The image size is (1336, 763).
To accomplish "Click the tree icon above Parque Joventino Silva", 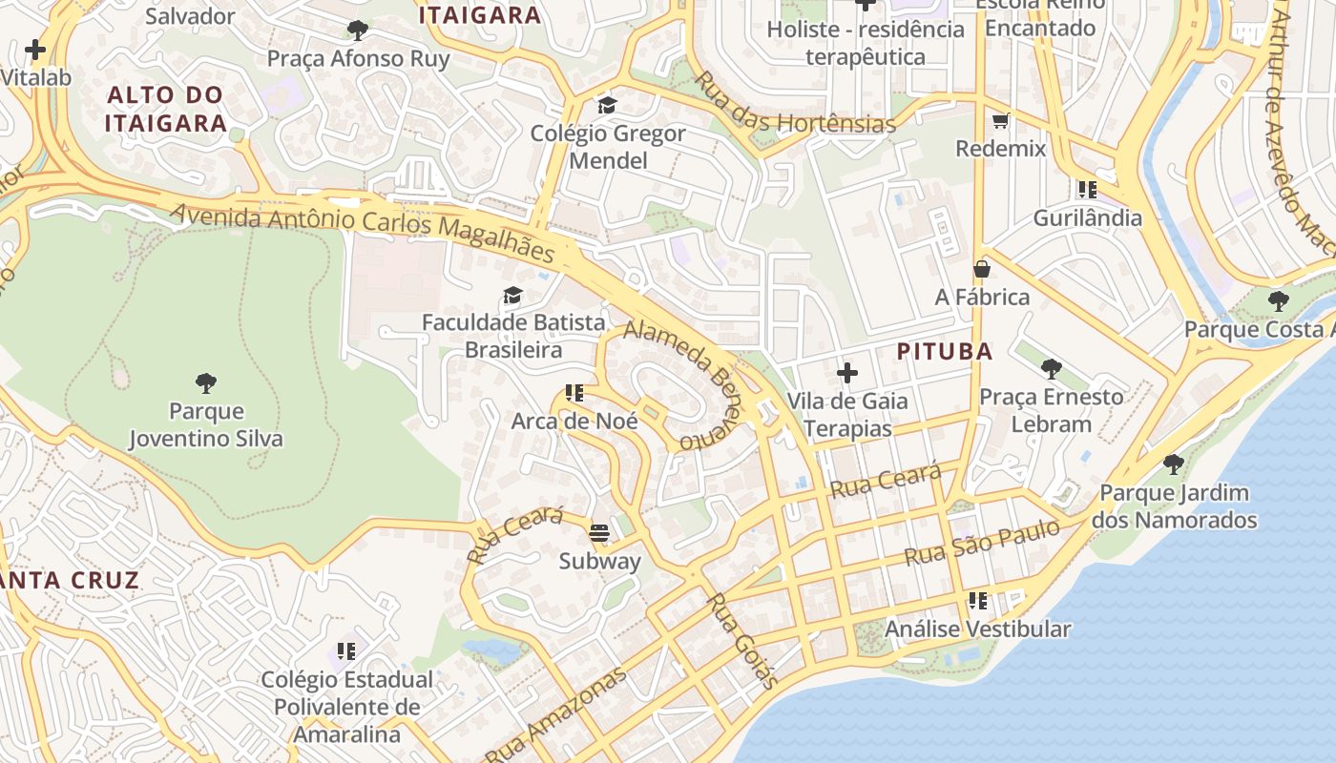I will [205, 383].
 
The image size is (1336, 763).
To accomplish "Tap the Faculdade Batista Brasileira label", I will [513, 336].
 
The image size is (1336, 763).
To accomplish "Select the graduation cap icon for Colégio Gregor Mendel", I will [607, 105].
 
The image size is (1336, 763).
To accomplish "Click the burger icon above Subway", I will [599, 533].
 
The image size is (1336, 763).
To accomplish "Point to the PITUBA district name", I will [945, 351].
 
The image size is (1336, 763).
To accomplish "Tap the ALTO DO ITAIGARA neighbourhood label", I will [165, 109].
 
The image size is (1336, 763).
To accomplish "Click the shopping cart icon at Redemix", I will [1000, 120].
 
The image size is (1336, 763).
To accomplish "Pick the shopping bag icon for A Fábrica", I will [981, 270].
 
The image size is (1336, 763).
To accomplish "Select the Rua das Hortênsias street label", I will [794, 104].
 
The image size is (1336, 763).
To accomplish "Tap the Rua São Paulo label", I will [981, 542].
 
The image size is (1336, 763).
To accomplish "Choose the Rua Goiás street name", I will [741, 641].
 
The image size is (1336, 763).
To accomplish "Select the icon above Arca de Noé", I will [574, 392].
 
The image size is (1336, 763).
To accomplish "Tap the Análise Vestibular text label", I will [977, 629].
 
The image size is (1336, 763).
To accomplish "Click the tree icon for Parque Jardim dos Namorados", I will [1173, 464].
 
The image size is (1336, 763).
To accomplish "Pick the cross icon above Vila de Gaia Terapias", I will [846, 372].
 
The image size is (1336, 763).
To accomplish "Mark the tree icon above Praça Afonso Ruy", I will [358, 31].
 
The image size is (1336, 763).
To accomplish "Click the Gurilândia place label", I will [1087, 217].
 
